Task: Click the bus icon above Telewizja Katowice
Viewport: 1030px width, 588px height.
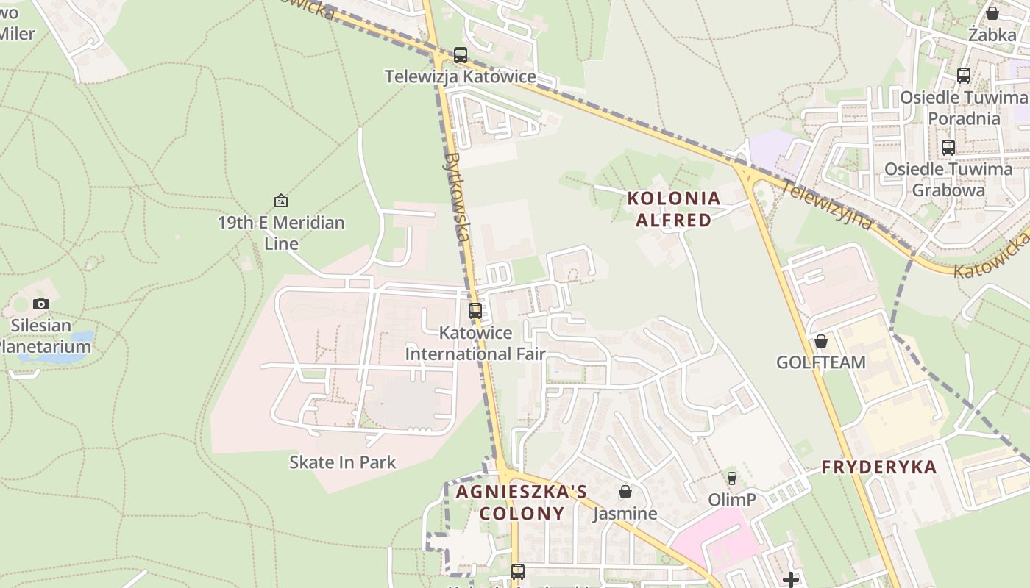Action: tap(461, 55)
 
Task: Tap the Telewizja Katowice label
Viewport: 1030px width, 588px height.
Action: tap(461, 76)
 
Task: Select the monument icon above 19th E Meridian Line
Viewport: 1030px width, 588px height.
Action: tap(280, 201)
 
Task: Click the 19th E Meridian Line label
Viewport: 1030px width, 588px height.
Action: tap(281, 232)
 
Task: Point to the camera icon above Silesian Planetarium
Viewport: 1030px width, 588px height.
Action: tap(41, 304)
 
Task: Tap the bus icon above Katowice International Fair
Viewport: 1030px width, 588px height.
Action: tap(475, 311)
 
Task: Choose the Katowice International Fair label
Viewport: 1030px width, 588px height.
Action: tap(475, 343)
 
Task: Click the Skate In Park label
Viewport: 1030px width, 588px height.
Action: tap(342, 462)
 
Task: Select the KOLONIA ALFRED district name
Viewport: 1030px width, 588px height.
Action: tap(674, 209)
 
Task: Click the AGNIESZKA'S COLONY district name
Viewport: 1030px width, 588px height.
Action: tap(521, 502)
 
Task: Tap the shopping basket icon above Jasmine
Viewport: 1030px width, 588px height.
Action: tap(625, 492)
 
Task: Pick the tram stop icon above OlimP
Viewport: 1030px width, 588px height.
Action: tap(731, 478)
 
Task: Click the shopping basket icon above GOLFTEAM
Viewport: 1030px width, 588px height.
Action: tap(821, 341)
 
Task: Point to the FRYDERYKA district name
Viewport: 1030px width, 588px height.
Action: tap(878, 467)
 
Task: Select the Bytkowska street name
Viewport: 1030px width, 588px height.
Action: tap(458, 197)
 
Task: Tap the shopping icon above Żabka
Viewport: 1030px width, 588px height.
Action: tap(992, 13)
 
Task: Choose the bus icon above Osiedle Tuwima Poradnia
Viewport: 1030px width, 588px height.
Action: tap(964, 75)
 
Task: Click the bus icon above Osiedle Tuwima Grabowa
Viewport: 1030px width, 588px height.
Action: tap(948, 147)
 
